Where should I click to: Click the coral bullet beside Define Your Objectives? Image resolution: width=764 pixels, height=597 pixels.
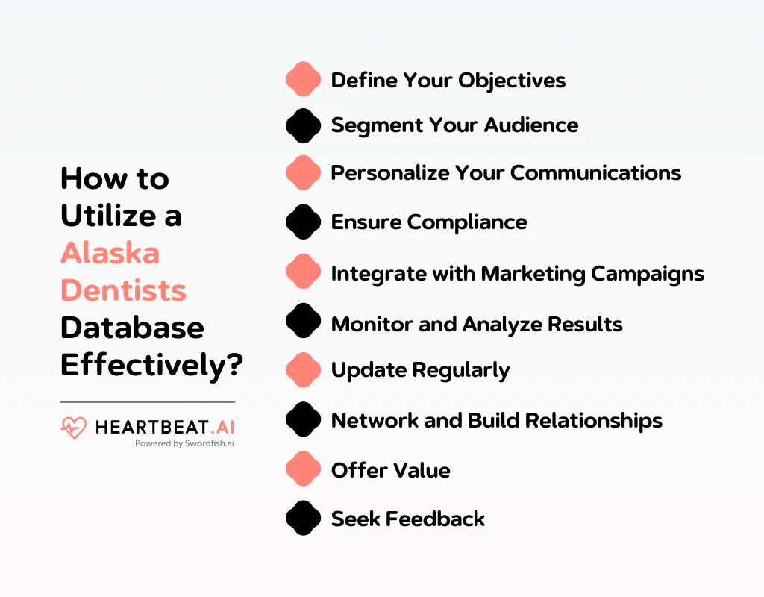(303, 79)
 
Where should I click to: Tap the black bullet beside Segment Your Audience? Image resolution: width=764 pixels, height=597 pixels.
(303, 125)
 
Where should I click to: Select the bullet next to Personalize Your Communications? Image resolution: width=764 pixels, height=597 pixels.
(303, 172)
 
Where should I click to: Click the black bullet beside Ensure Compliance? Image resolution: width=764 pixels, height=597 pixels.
(303, 222)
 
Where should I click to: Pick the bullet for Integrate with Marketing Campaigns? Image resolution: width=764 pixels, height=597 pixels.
(303, 271)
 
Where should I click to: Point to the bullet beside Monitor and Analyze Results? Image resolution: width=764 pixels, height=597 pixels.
(303, 321)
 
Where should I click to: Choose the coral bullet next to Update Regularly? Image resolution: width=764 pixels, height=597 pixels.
(303, 370)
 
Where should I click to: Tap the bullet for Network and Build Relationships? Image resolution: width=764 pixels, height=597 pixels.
(303, 419)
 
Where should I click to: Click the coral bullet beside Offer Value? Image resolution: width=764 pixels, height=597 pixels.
(303, 469)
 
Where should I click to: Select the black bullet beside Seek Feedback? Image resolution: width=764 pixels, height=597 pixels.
(303, 518)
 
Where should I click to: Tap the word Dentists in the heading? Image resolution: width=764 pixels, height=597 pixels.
(124, 290)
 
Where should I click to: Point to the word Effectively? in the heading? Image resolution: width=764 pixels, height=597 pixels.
(152, 366)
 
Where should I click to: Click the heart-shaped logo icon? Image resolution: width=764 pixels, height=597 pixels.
(74, 428)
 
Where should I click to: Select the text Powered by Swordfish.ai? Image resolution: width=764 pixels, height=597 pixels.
(185, 443)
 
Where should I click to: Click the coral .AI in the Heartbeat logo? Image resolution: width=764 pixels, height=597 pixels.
(222, 427)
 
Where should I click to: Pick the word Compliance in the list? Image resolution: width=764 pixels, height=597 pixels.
(467, 222)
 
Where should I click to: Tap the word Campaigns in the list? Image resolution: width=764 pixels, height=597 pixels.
(648, 275)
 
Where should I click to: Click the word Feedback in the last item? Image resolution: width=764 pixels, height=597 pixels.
(435, 519)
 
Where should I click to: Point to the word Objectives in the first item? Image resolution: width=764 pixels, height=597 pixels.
(512, 81)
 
